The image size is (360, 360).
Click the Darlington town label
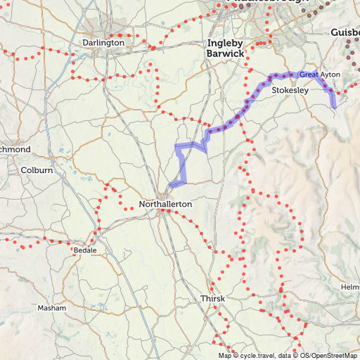click(103, 42)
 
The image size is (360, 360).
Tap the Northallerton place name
click(165, 204)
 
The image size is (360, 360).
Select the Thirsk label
click(212, 299)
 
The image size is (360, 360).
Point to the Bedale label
click(85, 250)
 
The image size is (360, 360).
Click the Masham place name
click(52, 308)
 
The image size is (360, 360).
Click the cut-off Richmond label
click(15, 150)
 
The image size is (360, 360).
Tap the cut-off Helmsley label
click(350, 288)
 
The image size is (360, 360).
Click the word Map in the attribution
click(224, 356)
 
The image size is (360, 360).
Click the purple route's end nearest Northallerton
click(171, 186)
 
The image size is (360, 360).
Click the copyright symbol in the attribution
click(234, 356)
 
